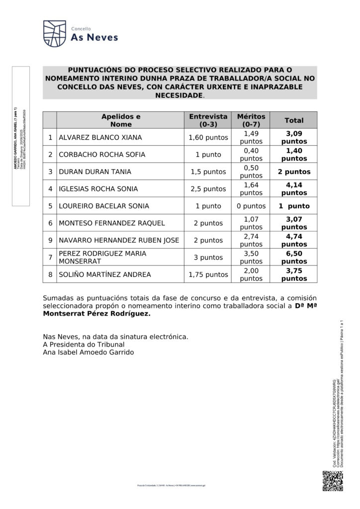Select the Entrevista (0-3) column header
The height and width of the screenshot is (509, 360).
208,120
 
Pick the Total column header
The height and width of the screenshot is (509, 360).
294,120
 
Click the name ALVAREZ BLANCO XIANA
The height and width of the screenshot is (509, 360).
100,137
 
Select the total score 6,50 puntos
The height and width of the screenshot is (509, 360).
294,257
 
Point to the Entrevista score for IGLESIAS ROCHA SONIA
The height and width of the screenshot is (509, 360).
208,189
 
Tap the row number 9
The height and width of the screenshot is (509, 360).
50,240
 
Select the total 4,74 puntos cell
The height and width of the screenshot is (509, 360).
294,240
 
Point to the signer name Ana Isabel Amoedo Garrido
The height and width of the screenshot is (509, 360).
89,352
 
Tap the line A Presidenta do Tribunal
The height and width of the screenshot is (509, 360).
84,344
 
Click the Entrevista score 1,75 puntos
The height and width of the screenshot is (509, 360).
208,274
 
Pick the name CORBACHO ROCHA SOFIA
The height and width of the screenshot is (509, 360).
102,155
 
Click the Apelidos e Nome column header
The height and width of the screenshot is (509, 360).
121,120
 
